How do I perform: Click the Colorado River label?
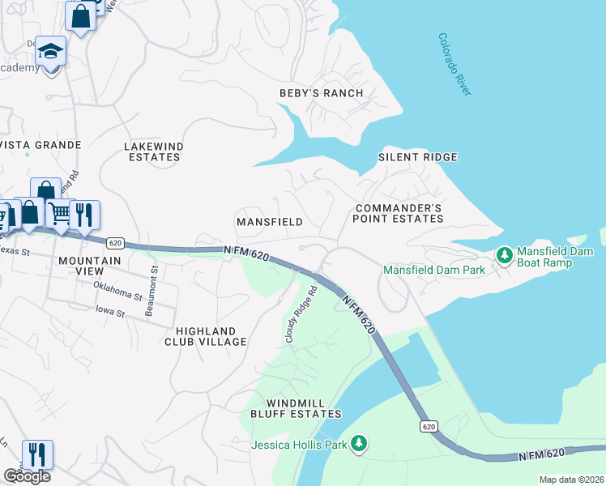[x=454, y=65]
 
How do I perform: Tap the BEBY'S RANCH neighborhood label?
[x=322, y=93]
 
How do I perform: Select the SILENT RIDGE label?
[x=418, y=157]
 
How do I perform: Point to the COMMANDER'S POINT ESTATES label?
[x=399, y=214]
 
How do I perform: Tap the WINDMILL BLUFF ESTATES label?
[x=304, y=408]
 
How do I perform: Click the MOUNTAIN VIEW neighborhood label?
[x=90, y=266]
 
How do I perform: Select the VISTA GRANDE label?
[x=41, y=145]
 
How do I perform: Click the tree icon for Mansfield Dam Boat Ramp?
[x=504, y=256]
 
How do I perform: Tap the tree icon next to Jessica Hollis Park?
[x=357, y=444]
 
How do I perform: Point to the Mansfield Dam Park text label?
[x=433, y=270]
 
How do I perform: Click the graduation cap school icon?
[x=50, y=52]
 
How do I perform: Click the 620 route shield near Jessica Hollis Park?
[x=429, y=426]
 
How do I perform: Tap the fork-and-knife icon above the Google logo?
[x=37, y=454]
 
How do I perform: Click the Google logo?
[x=27, y=476]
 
